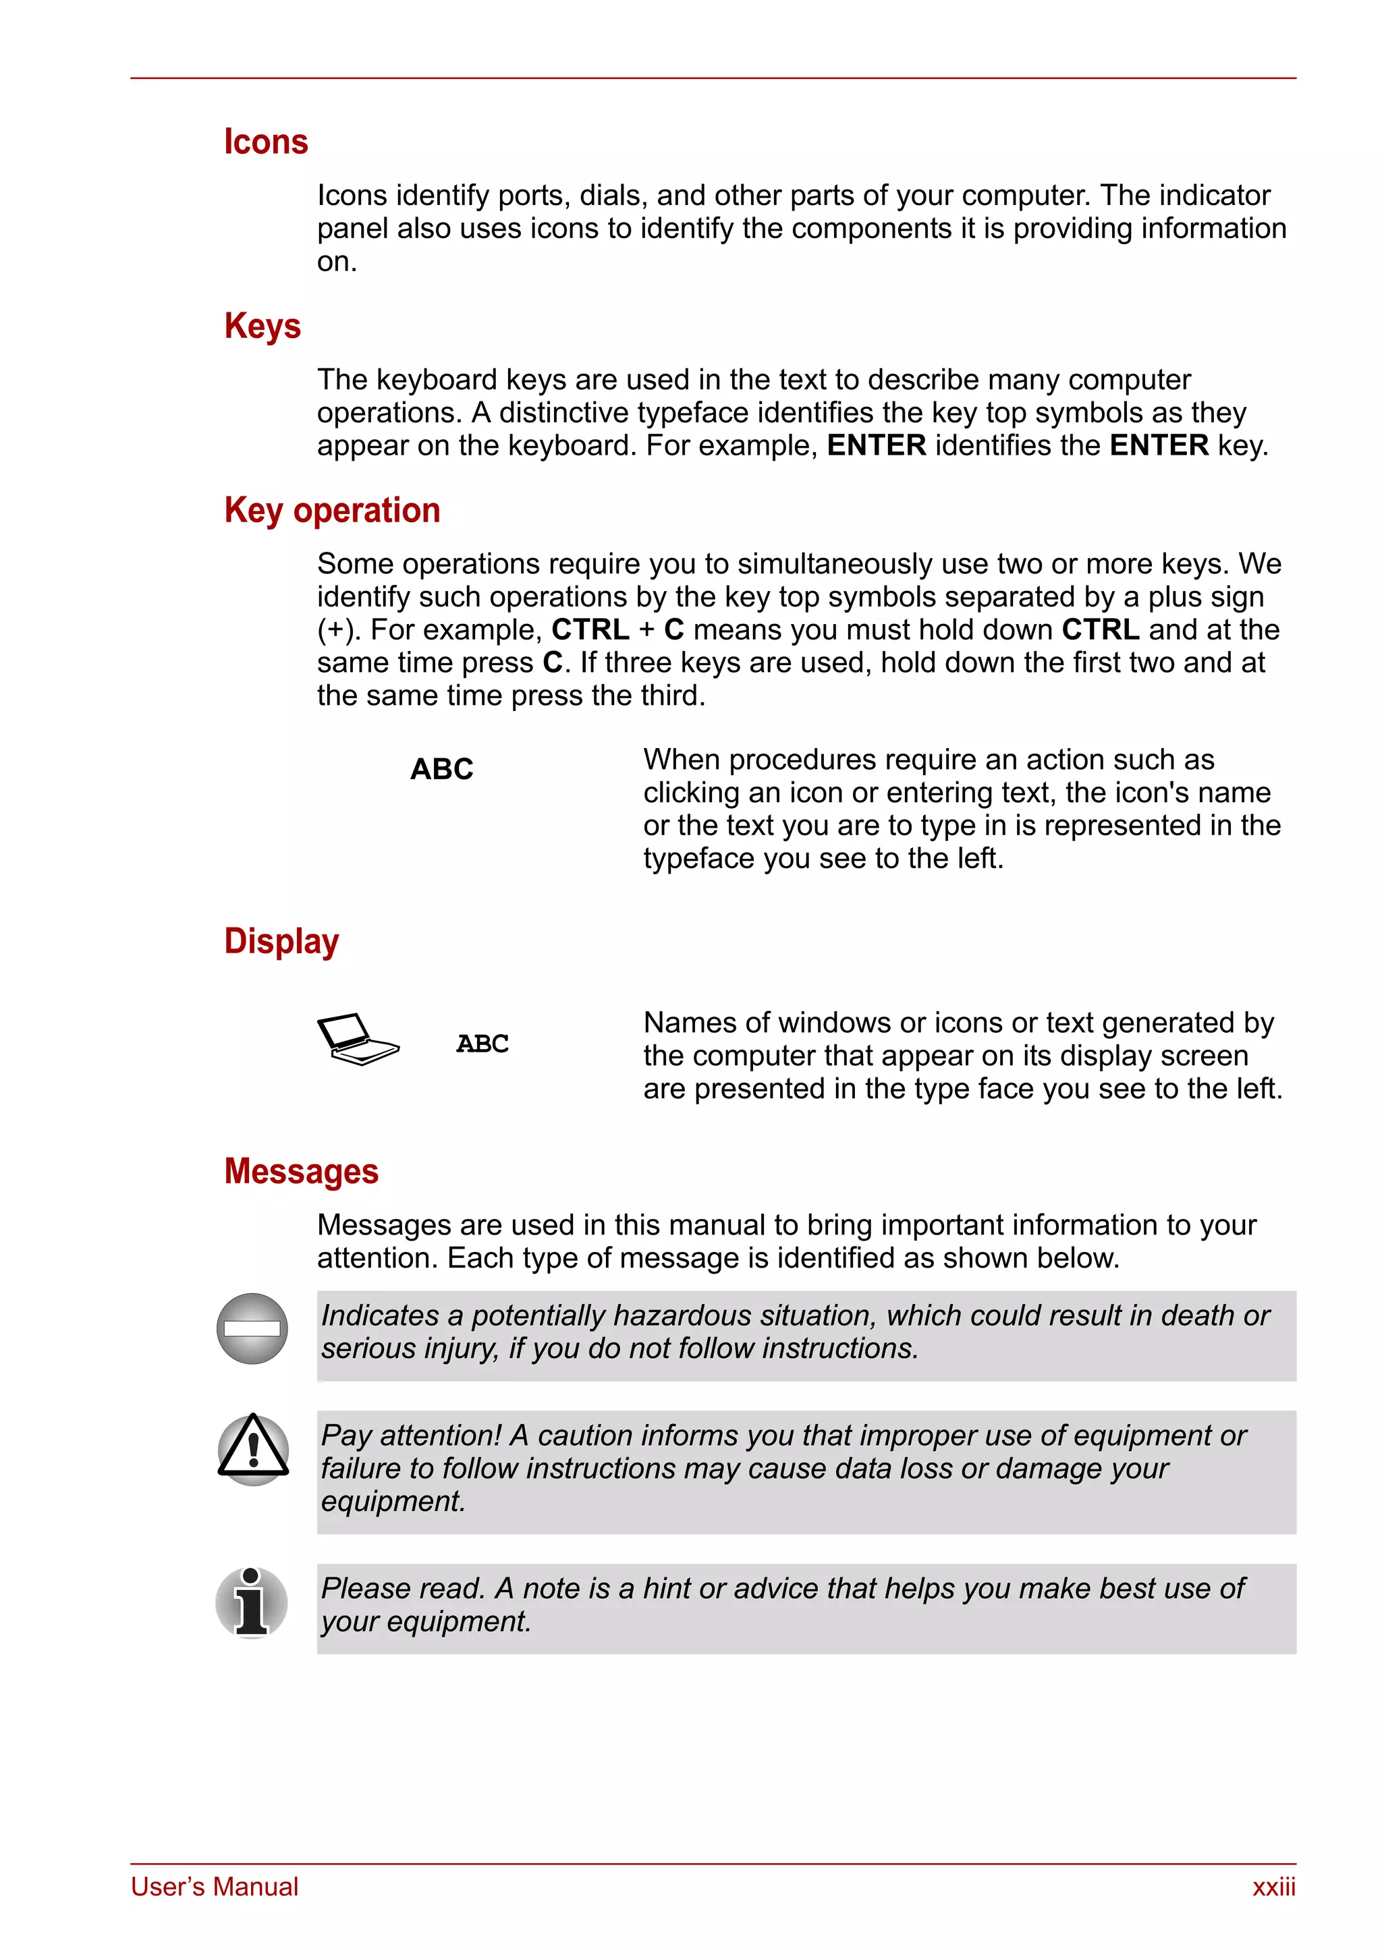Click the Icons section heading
point(265,142)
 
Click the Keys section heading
point(262,326)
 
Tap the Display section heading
point(281,941)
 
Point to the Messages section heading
point(301,1171)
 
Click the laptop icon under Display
point(356,1039)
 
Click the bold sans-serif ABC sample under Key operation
point(441,769)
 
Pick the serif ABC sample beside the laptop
point(482,1044)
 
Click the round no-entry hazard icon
point(252,1328)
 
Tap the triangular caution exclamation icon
point(253,1448)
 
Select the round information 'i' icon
point(252,1602)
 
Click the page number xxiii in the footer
point(1273,1887)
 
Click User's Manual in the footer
point(214,1887)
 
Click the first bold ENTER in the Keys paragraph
point(876,445)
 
